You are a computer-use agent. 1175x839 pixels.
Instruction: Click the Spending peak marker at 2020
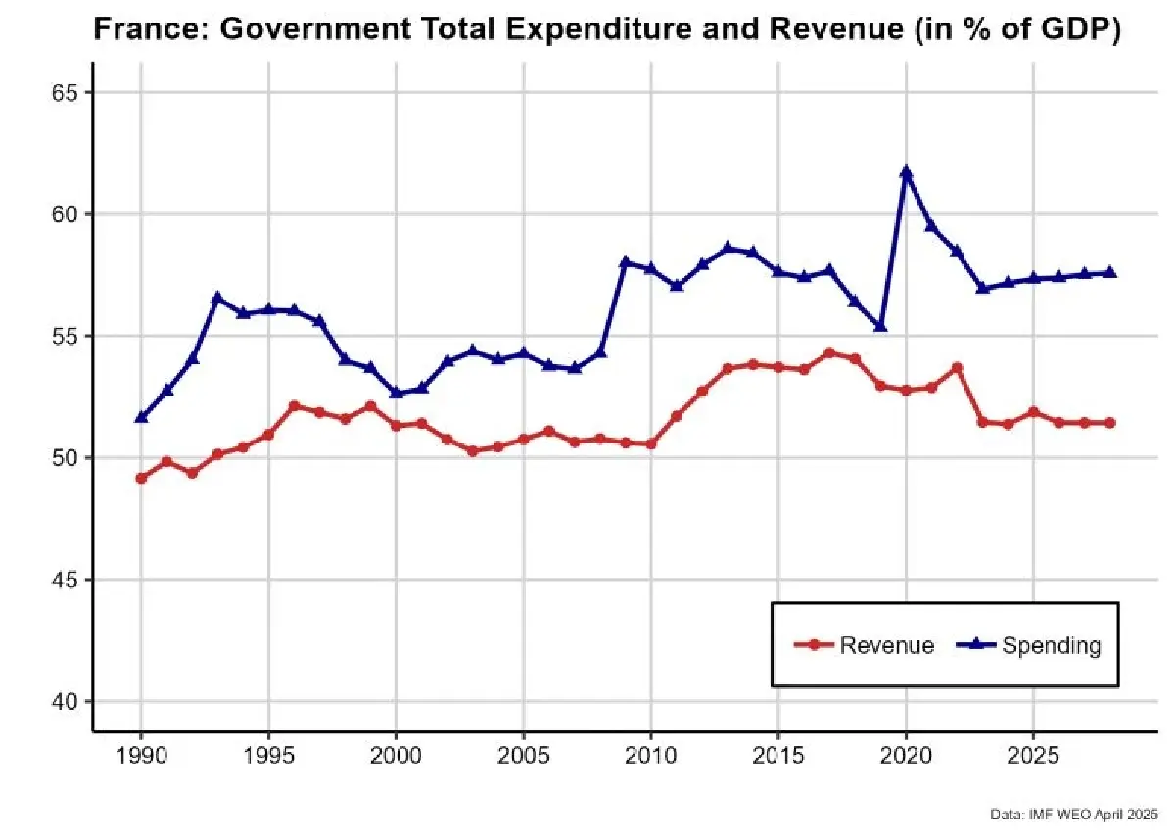pos(906,173)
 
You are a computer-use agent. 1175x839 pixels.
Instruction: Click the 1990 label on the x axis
pos(141,760)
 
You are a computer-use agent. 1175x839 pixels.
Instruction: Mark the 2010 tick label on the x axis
pos(650,760)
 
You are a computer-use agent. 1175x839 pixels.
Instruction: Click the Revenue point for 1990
pos(141,478)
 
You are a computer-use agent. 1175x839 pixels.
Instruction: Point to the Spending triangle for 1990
pos(141,417)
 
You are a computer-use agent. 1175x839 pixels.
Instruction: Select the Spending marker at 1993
pos(217,297)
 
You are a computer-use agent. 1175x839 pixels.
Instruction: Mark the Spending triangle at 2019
pos(880,326)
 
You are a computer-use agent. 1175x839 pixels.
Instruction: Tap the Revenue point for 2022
pos(957,367)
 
